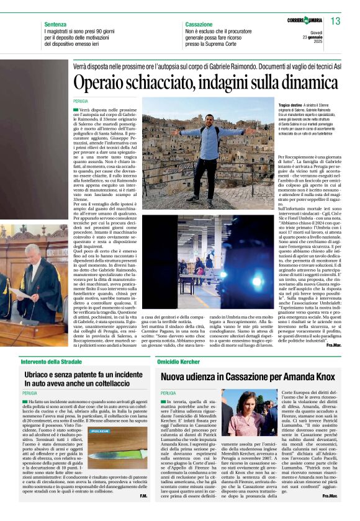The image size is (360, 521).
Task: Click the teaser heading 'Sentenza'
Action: (55, 24)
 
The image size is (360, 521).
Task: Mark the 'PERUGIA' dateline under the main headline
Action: (80, 100)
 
